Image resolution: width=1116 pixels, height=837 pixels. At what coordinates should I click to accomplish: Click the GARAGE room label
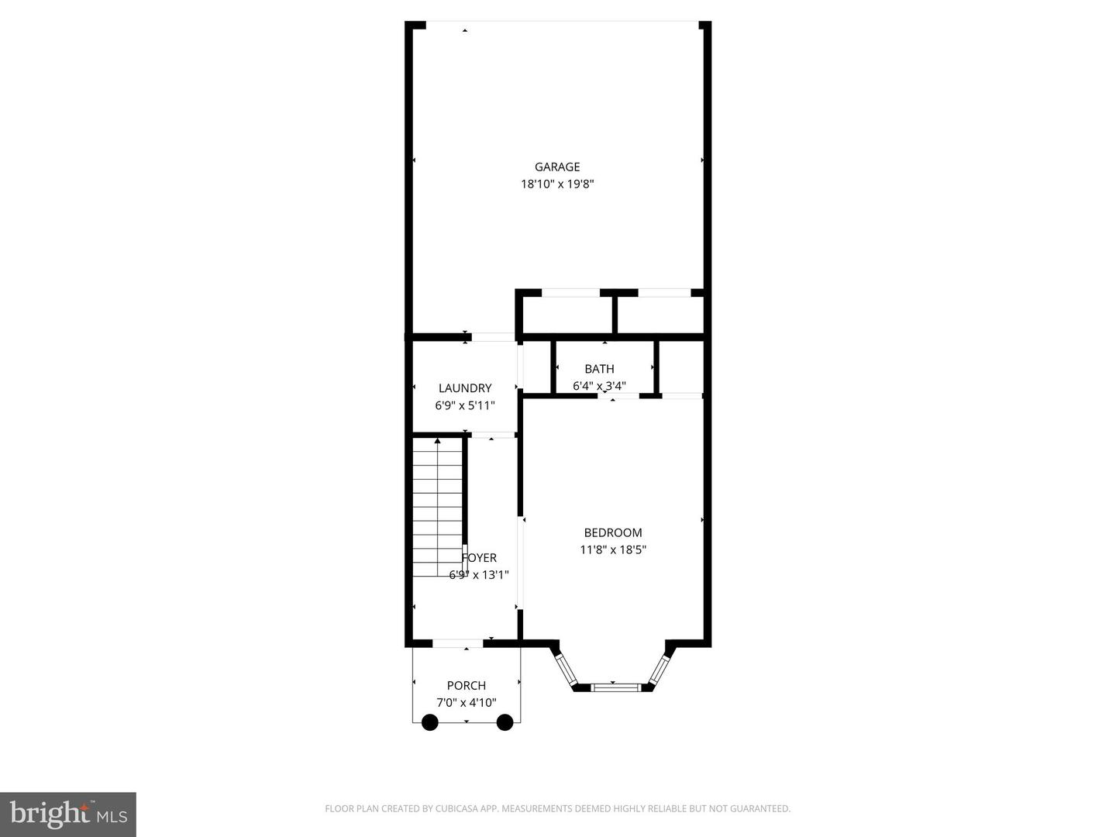pos(557,167)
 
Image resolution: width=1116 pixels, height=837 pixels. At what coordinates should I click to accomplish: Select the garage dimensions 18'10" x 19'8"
pos(557,184)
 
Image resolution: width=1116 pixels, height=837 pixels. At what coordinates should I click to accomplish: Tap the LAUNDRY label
pos(465,388)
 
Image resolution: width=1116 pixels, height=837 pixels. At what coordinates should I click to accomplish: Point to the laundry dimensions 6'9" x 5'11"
pos(465,405)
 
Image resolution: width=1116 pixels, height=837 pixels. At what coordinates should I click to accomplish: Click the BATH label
pos(599,369)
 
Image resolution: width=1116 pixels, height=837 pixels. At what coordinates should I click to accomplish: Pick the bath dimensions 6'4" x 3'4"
pos(599,386)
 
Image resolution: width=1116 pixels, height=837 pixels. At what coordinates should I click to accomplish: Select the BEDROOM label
pos(613,532)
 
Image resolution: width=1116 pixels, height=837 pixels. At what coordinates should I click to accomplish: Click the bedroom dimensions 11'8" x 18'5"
pos(613,550)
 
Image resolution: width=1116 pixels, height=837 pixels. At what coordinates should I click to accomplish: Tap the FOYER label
pos(479,558)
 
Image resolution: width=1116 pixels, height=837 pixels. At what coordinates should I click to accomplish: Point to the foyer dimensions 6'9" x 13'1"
pos(479,575)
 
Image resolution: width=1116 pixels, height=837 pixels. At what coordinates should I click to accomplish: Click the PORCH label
pos(467,686)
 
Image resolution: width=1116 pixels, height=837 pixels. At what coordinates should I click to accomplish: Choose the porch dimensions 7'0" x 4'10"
pos(467,703)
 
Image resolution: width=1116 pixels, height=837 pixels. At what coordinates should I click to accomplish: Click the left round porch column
pos(430,722)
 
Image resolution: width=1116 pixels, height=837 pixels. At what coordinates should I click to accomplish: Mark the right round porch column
pos(505,722)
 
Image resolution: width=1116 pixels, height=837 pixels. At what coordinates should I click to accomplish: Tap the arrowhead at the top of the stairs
pos(437,441)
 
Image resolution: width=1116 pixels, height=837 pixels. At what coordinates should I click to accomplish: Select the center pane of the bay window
pos(615,687)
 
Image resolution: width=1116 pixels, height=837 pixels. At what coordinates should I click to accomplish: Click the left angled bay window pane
pos(566,670)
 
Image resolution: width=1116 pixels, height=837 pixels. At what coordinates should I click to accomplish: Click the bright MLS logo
pos(68,815)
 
